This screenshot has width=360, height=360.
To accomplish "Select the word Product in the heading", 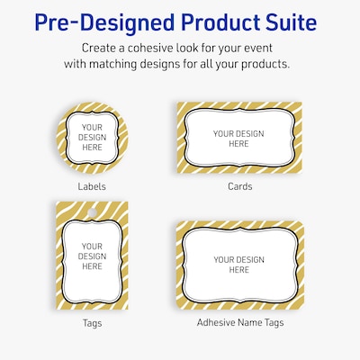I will click(x=214, y=20).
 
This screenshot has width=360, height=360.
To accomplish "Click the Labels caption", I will click(x=92, y=186).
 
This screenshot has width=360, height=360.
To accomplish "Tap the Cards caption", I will click(x=239, y=186).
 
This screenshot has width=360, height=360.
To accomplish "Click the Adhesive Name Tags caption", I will click(x=239, y=320).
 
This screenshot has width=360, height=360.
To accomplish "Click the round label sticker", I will click(x=92, y=134).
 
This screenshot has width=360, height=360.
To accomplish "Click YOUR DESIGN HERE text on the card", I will click(x=239, y=139).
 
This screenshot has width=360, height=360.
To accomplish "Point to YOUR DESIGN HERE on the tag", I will click(x=92, y=256).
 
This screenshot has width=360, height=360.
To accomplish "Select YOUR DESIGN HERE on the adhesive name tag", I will click(x=239, y=265).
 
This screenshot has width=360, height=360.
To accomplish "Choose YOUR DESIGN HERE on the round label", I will click(x=92, y=136).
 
